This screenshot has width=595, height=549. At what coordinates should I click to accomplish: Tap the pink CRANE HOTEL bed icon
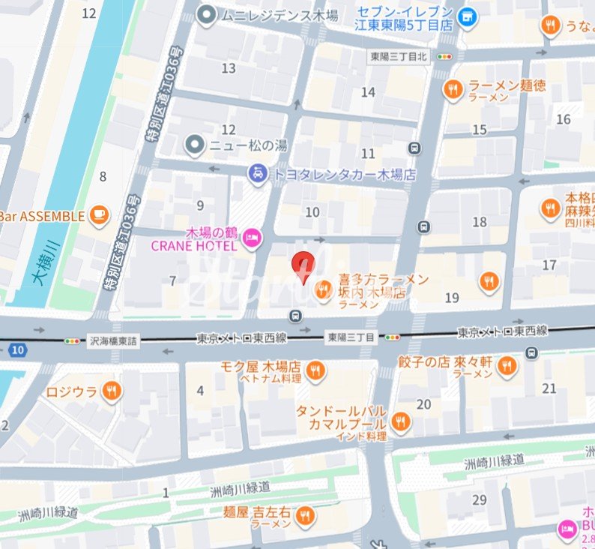(253, 238)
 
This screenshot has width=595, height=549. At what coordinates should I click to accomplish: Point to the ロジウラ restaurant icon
(112, 390)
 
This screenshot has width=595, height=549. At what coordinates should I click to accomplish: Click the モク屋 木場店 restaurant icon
(315, 368)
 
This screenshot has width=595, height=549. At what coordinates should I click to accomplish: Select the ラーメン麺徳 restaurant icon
(453, 91)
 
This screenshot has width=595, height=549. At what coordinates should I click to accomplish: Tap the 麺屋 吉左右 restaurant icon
(305, 516)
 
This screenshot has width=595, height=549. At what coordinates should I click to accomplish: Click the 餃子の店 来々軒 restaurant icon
(507, 366)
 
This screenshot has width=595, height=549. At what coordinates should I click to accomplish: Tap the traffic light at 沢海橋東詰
(72, 340)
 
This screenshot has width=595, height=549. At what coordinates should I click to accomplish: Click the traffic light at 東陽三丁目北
(446, 56)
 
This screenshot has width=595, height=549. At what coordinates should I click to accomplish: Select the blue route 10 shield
(18, 349)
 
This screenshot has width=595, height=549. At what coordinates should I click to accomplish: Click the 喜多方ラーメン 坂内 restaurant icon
(324, 289)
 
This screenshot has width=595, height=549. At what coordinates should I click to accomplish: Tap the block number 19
(451, 298)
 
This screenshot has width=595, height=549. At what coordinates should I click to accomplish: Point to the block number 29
(480, 499)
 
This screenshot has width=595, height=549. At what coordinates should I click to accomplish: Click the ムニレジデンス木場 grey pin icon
(207, 14)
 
